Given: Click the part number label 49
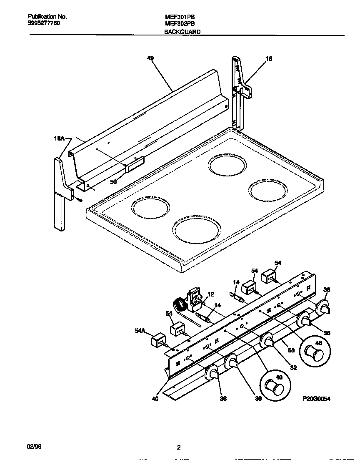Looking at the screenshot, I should tap(150, 59).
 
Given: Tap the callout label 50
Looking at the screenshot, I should tap(113, 181).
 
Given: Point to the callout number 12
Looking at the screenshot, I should tap(210, 294).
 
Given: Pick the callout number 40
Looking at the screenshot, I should tap(155, 398).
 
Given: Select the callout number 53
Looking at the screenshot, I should tap(291, 350).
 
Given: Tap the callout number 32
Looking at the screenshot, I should tap(293, 367).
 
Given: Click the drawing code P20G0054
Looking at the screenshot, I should tap(316, 399).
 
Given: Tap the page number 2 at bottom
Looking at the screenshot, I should tap(178, 447).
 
